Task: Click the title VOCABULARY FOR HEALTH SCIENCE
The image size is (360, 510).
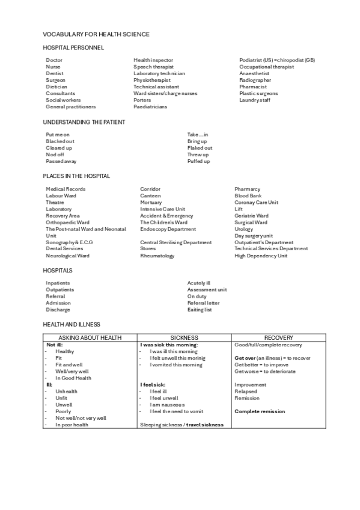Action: [96, 34]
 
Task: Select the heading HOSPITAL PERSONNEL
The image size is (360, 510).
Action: [73, 47]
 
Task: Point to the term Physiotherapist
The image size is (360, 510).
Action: [152, 80]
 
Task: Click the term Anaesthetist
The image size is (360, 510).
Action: [254, 73]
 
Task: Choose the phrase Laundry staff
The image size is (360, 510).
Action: [255, 100]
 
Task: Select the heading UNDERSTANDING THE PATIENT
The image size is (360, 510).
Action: [84, 122]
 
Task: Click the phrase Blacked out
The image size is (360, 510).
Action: [60, 141]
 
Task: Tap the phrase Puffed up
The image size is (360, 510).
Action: [198, 161]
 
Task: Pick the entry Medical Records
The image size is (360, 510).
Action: [66, 189]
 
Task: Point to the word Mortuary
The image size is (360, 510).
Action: [151, 203]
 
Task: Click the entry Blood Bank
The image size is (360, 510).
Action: [248, 196]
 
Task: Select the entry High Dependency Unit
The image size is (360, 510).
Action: [261, 256]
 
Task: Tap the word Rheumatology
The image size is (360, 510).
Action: [157, 256]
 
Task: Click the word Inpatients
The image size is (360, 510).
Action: [58, 283]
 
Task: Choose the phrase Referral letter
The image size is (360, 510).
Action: [203, 303]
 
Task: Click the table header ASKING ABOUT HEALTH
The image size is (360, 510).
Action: [90, 338]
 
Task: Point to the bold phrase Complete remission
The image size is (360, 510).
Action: [260, 411]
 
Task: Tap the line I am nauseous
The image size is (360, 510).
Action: [167, 405]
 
